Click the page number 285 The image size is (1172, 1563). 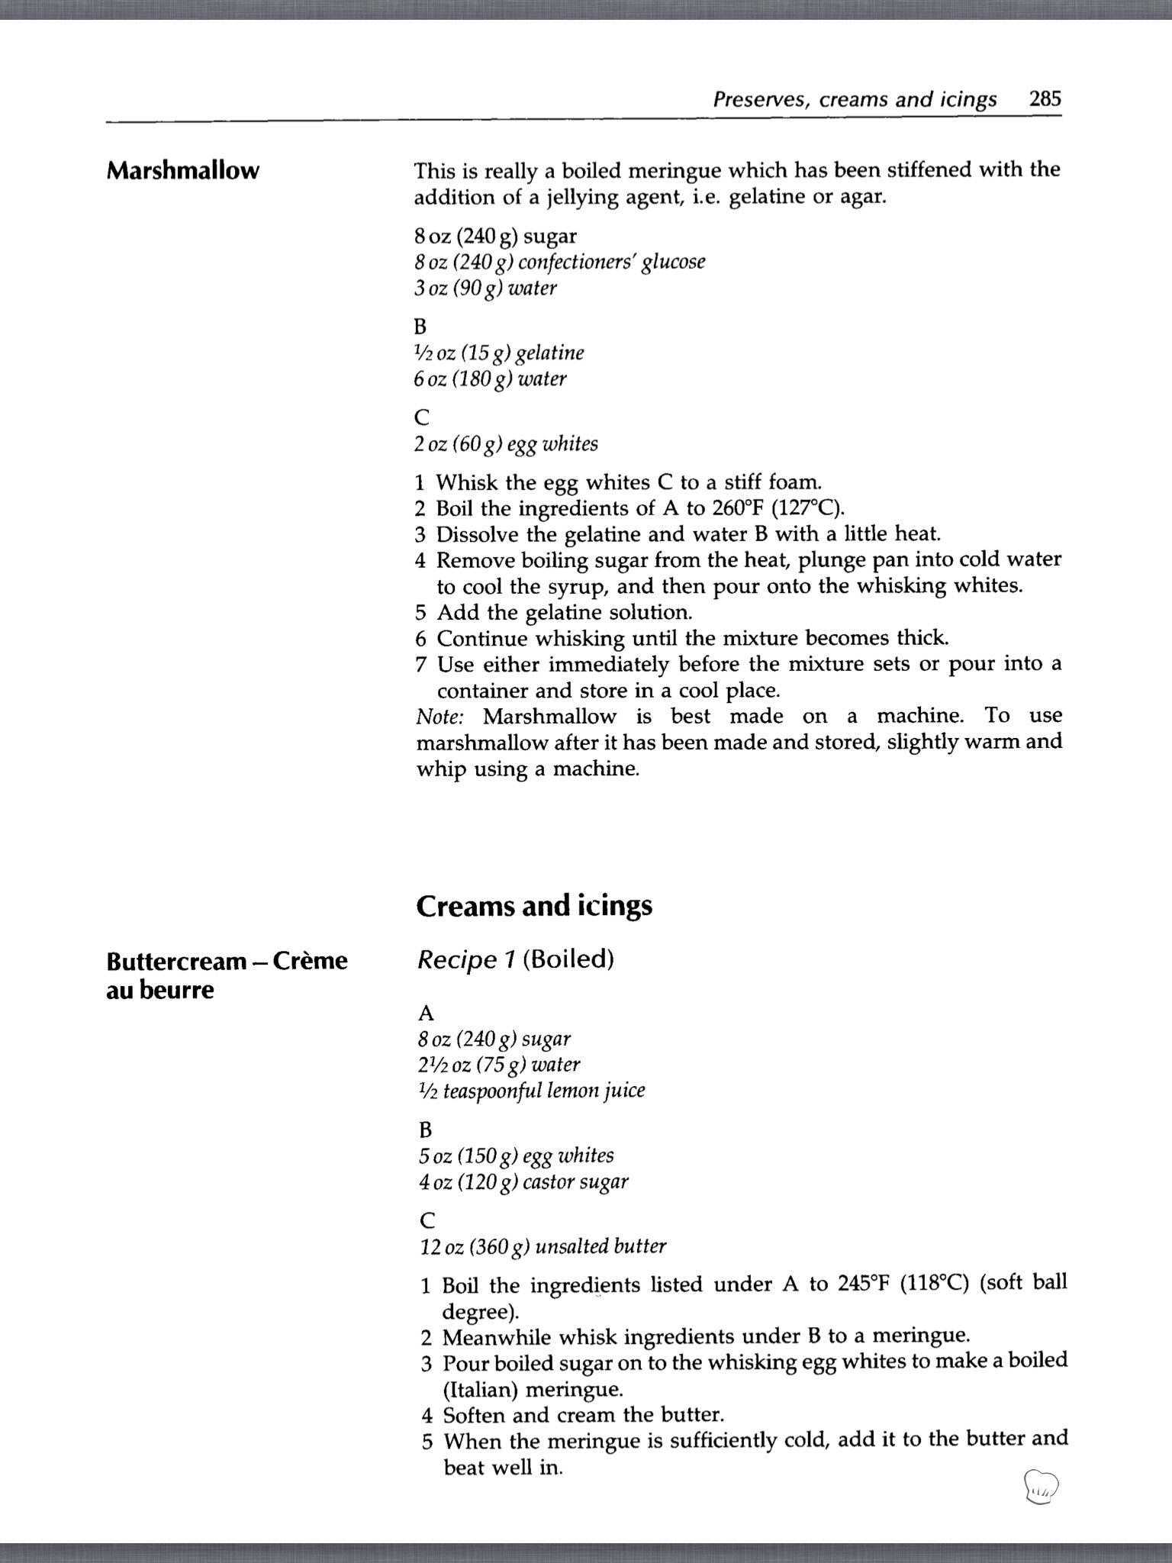coord(1045,98)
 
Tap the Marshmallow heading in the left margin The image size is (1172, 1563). coord(182,170)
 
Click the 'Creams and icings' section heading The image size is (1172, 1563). coord(534,906)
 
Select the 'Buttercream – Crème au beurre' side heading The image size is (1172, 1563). coord(227,975)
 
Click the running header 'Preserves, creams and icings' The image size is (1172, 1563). coord(855,99)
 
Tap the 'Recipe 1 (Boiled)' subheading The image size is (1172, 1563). coord(515,959)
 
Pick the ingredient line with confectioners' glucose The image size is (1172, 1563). coord(559,262)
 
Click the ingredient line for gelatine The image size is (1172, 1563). coord(499,353)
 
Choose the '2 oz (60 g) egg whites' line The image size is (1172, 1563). coord(506,443)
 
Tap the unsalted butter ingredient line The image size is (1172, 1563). coord(543,1246)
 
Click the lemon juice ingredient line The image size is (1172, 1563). coord(531,1091)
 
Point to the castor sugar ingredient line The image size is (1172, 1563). coord(523,1181)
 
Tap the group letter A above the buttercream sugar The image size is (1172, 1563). coord(426,1013)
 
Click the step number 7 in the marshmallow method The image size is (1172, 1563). coord(421,665)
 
